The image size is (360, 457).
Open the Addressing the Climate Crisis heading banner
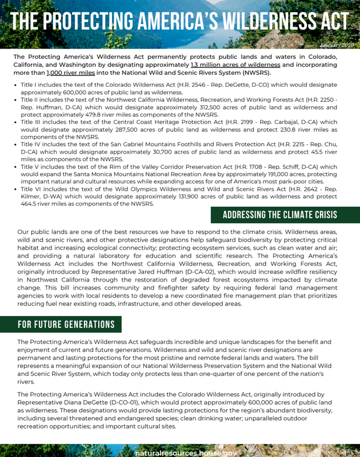(x=279, y=215)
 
